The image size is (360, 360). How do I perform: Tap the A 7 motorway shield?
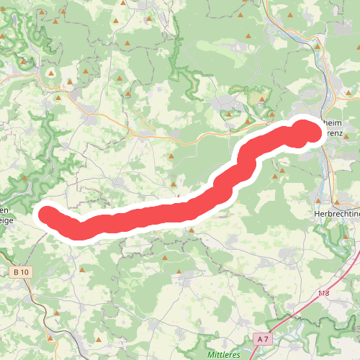point(262,338)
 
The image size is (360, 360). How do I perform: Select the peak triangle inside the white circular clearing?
point(51,73)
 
